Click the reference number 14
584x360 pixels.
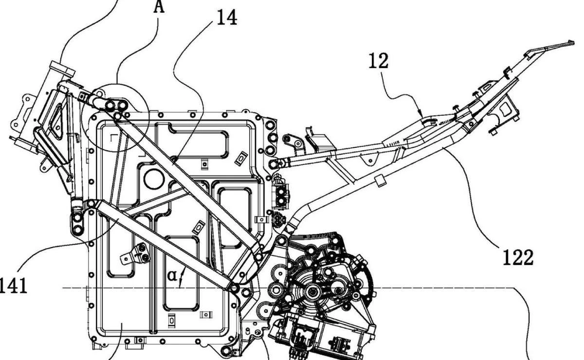pos(226,18)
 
